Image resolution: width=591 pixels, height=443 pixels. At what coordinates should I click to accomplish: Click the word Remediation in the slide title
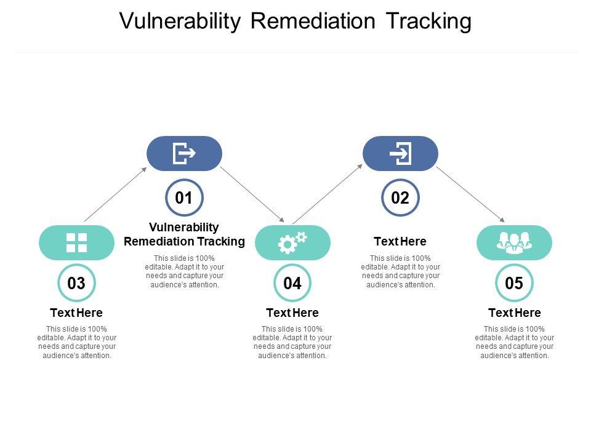(313, 21)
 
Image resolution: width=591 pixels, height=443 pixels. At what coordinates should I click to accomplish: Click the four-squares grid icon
(76, 242)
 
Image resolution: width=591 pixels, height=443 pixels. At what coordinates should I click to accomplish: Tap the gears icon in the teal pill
(292, 242)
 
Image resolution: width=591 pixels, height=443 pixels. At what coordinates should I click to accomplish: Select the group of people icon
(514, 242)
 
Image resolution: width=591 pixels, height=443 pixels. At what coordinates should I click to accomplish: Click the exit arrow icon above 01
(184, 153)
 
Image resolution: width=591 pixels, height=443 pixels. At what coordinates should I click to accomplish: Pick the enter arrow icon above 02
(400, 153)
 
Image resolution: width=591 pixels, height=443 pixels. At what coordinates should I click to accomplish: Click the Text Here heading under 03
(76, 313)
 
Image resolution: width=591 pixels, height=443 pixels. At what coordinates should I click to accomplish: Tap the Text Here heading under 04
(292, 313)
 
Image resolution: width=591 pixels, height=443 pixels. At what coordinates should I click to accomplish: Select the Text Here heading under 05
(515, 313)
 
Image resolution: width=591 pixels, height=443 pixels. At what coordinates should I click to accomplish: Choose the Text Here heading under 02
(400, 241)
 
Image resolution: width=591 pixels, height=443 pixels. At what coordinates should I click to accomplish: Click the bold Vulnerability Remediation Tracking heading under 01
(184, 234)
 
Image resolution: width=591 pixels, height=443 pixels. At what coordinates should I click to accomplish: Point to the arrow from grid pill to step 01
(115, 194)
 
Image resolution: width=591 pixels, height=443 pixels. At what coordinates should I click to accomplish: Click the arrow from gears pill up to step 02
(328, 194)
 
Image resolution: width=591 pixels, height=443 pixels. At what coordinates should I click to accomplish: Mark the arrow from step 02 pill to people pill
(470, 194)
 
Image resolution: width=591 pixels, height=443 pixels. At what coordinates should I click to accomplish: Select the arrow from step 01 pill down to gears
(252, 194)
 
